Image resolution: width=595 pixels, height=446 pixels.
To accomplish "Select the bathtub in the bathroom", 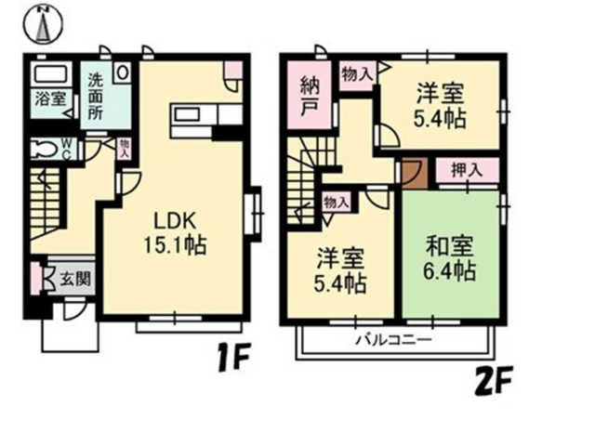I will click(52, 73).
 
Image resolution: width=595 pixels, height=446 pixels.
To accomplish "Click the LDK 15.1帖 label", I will click(174, 234).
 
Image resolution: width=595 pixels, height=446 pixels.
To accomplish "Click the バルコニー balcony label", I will click(390, 340).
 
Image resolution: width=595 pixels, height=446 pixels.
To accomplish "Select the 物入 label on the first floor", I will click(125, 149).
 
